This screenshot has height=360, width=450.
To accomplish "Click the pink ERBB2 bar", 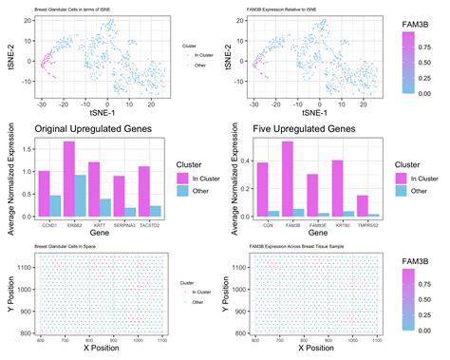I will pos(68,180).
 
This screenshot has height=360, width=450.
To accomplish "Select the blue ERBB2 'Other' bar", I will pos(83,197).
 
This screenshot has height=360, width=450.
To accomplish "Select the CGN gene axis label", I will pos(267,224).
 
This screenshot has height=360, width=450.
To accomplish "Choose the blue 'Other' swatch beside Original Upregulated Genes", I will pos(183,191).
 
